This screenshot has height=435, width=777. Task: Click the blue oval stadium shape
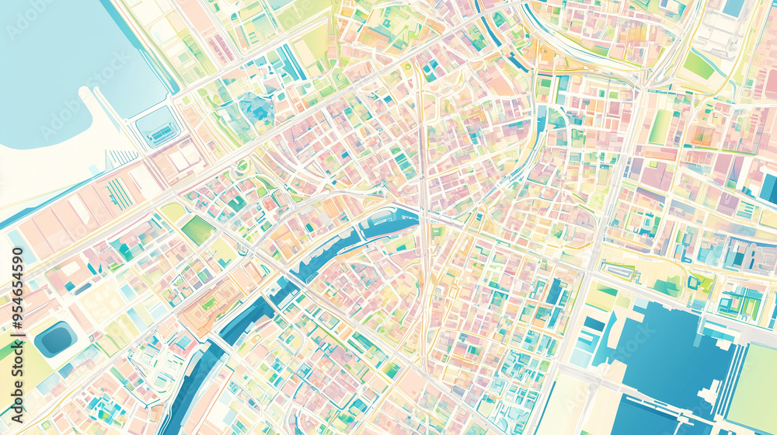[x=55, y=339]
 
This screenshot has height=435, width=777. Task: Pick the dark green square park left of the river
[x=197, y=230]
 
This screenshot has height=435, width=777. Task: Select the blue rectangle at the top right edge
[x=734, y=8]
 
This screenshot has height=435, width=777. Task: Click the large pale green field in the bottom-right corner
[x=754, y=388]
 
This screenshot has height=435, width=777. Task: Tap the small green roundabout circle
[x=242, y=165]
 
